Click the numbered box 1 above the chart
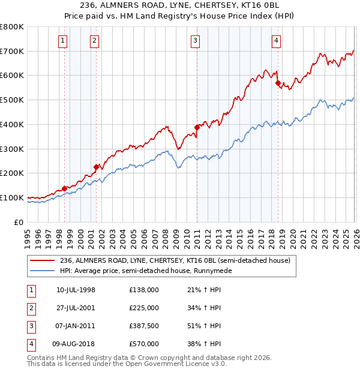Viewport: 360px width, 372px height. pyautogui.click(x=64, y=41)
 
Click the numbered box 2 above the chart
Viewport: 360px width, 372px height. pyautogui.click(x=95, y=41)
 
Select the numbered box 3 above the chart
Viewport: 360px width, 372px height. pyautogui.click(x=196, y=41)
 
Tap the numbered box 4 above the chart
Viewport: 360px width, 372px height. pyautogui.click(x=276, y=41)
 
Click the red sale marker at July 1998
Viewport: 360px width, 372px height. pyautogui.click(x=64, y=188)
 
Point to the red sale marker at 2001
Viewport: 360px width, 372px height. pyautogui.click(x=96, y=167)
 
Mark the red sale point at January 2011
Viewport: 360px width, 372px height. pyautogui.click(x=196, y=127)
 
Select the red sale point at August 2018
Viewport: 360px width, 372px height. pyautogui.click(x=278, y=83)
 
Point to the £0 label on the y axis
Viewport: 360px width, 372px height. pyautogui.click(x=19, y=222)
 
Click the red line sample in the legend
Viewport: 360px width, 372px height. pyautogui.click(x=43, y=261)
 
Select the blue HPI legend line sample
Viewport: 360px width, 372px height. pyautogui.click(x=43, y=271)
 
